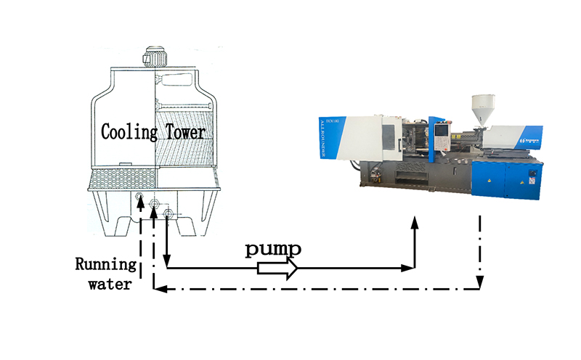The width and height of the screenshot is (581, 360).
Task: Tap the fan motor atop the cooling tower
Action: tap(155, 57)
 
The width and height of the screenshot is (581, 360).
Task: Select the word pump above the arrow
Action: tap(272, 250)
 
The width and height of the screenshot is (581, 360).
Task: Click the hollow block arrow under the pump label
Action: tap(277, 269)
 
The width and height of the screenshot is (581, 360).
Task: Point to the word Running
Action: tap(107, 264)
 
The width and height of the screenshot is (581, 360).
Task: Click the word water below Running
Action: tap(110, 284)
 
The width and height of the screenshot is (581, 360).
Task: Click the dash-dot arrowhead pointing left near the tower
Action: tap(163, 290)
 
